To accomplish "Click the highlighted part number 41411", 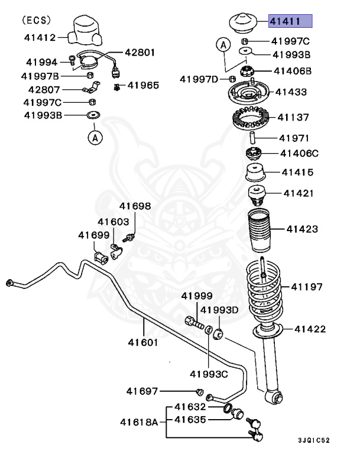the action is pos(285,21).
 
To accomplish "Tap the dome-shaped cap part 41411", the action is pos(243,23).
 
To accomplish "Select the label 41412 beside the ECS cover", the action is pos(40,38).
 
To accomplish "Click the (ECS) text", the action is pos(36,20).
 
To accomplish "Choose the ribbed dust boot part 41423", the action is pos(259,230).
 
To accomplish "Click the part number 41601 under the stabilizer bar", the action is pos(143,342).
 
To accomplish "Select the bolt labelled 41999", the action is pos(194,322).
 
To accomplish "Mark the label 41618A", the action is pos(139,422).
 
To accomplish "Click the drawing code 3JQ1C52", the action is pos(314,440).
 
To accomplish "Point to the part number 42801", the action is pos(140,53).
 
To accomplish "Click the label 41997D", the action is pos(199,79).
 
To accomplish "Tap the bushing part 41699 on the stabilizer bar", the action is pos(101,258).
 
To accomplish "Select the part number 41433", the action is pos(291,92).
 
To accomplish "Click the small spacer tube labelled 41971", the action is pos(252,137).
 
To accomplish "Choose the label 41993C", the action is pos(209,374).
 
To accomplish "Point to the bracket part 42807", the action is pos(92,87).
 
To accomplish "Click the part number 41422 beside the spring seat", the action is pos(310,329).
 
